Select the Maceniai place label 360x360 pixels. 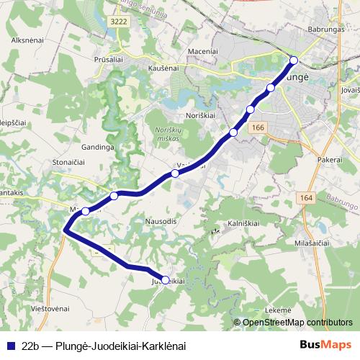pyautogui.click(x=202, y=51)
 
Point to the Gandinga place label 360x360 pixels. pyautogui.click(x=98, y=146)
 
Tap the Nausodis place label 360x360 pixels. pyautogui.click(x=160, y=220)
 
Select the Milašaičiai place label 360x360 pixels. pyautogui.click(x=311, y=243)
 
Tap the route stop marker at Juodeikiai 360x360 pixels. pyautogui.click(x=166, y=280)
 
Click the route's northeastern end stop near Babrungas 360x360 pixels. pyautogui.click(x=293, y=60)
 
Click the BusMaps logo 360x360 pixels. pyautogui.click(x=326, y=345)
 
